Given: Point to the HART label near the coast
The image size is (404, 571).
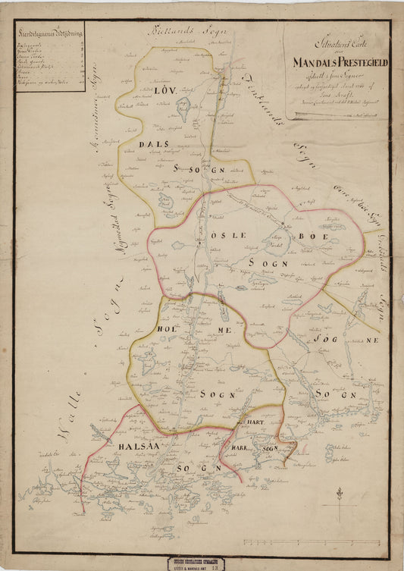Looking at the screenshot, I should [x=251, y=422].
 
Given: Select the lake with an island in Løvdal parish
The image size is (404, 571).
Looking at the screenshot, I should [x=183, y=113].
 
